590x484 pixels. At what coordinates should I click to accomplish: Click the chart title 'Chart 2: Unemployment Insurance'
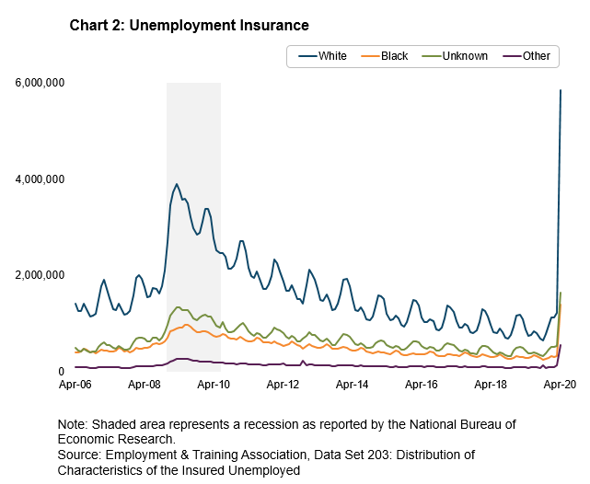(x=189, y=25)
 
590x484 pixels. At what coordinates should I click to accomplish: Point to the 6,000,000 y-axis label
(x=39, y=83)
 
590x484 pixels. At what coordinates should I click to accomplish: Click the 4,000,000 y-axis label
(x=39, y=179)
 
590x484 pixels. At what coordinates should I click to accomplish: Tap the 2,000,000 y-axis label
(x=39, y=275)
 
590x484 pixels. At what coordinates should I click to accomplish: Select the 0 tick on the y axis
(x=60, y=371)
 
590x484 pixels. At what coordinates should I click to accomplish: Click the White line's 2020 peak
(x=561, y=90)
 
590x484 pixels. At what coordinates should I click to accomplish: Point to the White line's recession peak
(x=177, y=184)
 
